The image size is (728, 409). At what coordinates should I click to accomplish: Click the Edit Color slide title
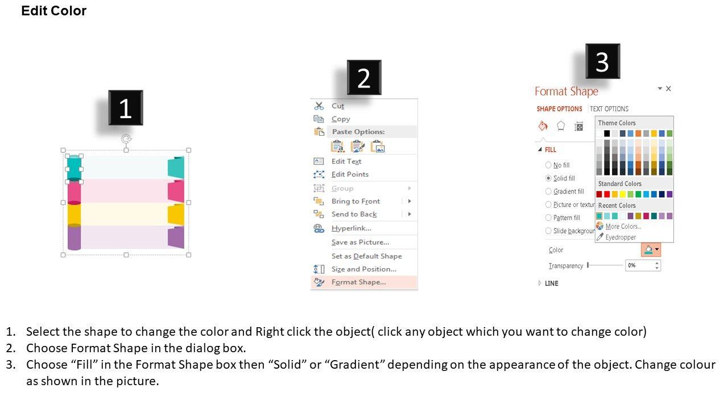[54, 11]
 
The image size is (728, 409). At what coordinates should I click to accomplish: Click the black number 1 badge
[126, 108]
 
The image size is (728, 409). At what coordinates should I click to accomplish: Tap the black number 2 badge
[364, 77]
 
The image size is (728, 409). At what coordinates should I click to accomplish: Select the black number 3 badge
[602, 61]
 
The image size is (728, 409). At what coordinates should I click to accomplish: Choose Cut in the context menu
[338, 106]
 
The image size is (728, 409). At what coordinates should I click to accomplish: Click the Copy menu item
[341, 119]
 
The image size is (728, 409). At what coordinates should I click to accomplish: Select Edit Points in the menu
[350, 174]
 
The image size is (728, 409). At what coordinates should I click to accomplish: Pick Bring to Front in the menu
[355, 201]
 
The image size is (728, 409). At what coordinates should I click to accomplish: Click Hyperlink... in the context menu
[351, 228]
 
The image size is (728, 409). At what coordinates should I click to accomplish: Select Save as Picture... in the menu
[360, 242]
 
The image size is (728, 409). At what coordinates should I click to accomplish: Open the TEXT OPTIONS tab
[609, 108]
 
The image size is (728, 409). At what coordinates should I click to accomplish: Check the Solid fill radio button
[548, 178]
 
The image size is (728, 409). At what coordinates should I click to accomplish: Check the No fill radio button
[548, 165]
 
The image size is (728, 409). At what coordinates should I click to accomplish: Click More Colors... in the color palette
[623, 226]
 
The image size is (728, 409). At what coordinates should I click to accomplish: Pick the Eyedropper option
[621, 237]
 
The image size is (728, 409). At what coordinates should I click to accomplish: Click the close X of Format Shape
[668, 89]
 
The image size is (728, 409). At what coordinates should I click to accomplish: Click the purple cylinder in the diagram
[74, 237]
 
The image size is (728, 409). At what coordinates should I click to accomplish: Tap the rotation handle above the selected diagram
[126, 139]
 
